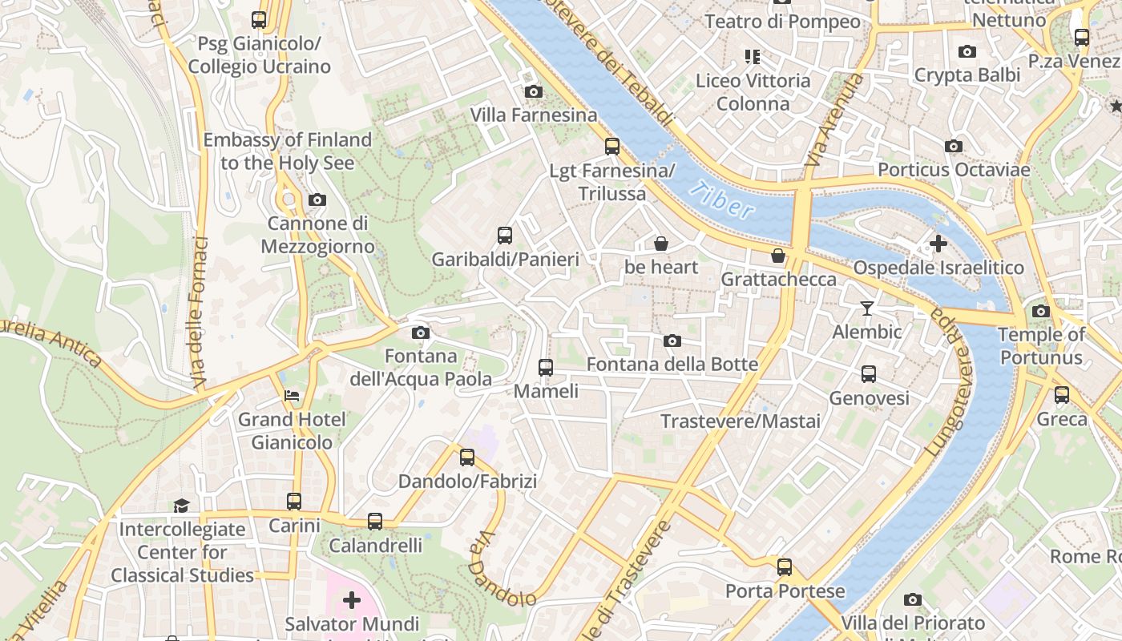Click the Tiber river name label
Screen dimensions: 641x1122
tap(721, 200)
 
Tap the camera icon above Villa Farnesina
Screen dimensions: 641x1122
tap(533, 92)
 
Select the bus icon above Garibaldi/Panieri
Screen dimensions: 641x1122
tap(504, 236)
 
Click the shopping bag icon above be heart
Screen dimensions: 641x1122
tap(661, 244)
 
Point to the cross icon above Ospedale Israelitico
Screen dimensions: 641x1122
tap(938, 244)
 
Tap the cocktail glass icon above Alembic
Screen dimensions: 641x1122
tap(866, 308)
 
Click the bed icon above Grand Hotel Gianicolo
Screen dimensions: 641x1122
tap(292, 396)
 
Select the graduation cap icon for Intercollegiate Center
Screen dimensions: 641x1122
tap(182, 506)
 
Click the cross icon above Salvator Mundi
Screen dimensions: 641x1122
tap(351, 599)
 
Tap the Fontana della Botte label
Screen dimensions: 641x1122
tap(672, 365)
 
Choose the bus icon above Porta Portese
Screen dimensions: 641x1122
tap(784, 567)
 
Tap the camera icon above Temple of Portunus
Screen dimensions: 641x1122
tap(1040, 312)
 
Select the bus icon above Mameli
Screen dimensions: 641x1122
tap(545, 368)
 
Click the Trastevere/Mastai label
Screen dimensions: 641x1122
tap(740, 421)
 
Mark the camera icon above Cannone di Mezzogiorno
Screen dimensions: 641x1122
tap(317, 200)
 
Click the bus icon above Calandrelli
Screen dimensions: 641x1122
tap(374, 522)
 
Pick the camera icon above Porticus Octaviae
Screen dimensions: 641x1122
tap(953, 146)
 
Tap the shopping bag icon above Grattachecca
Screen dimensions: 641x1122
tap(777, 256)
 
